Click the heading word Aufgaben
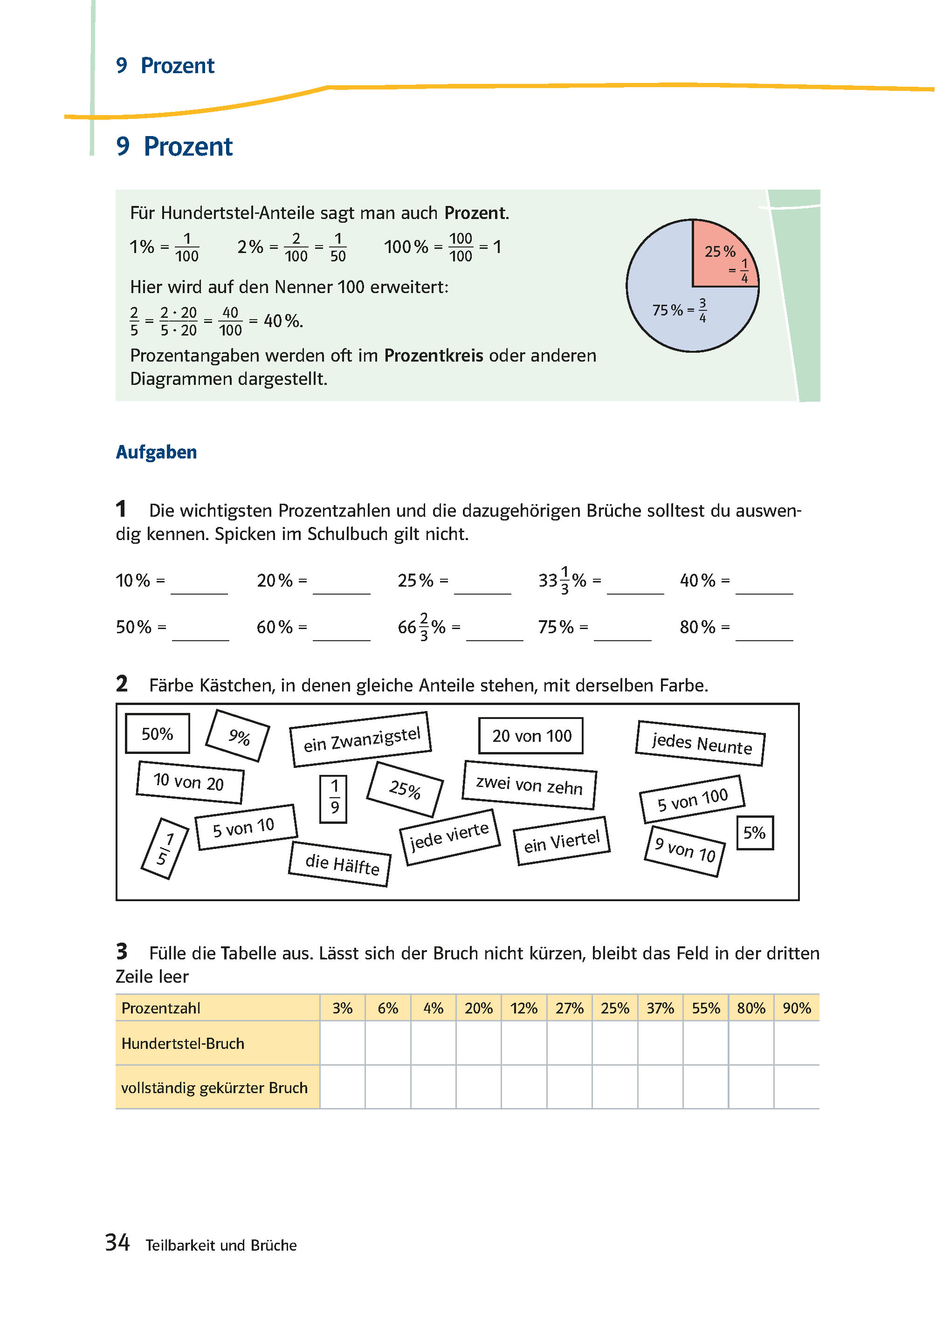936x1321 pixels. coord(156,452)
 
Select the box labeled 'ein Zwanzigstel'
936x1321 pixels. coord(361,740)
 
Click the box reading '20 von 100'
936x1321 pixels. coord(531,736)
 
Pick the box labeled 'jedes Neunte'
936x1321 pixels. coord(700,743)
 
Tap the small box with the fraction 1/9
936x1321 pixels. coord(334,799)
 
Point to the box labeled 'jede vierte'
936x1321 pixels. coord(449,837)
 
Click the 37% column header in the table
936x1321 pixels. coord(660,1008)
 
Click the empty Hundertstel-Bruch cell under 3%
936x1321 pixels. coord(342,1043)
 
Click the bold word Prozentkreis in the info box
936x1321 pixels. coord(434,356)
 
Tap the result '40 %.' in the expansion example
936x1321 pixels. coord(282,322)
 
